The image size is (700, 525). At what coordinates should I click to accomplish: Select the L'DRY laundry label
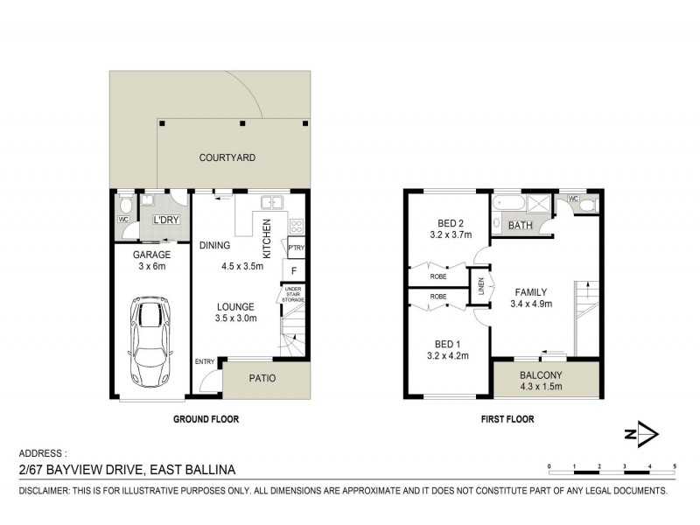166,220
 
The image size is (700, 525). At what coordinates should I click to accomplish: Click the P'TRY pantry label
296,247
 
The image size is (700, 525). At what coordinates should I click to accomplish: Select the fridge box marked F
295,271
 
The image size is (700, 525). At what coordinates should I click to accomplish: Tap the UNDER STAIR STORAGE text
293,295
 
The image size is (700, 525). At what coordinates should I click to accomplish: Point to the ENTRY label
205,362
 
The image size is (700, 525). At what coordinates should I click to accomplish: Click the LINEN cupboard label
480,287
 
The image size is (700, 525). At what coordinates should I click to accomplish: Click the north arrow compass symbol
645,433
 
